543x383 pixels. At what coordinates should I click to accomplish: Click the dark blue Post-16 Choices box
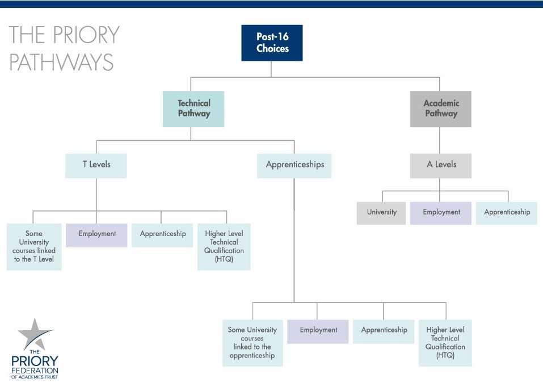[x=272, y=43]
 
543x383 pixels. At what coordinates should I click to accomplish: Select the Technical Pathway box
[x=193, y=109]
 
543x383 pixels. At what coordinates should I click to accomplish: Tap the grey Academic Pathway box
[x=440, y=109]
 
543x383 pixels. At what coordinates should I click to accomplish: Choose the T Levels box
[x=96, y=166]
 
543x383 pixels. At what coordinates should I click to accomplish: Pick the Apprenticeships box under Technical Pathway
[x=294, y=166]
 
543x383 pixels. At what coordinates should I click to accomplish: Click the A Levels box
[x=441, y=166]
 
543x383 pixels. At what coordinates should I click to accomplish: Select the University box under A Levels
[x=381, y=213]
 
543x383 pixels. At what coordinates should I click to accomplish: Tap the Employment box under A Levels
[x=441, y=213]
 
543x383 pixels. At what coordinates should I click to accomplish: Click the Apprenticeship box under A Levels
[x=507, y=213]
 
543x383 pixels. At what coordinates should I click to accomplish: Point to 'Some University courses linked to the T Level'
[x=34, y=247]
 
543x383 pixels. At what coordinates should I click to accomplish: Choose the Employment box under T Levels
[x=96, y=235]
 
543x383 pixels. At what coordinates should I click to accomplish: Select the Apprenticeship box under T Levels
[x=162, y=235]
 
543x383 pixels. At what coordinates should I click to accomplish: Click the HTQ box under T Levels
[x=224, y=247]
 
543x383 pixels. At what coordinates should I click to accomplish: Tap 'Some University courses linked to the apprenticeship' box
[x=253, y=343]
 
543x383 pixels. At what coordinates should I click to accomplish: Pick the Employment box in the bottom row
[x=318, y=332]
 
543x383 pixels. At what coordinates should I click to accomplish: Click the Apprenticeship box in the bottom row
[x=384, y=332]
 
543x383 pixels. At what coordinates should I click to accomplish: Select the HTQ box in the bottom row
[x=445, y=343]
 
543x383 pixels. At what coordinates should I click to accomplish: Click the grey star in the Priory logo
[x=35, y=334]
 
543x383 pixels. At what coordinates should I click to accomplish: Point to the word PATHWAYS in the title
[x=61, y=62]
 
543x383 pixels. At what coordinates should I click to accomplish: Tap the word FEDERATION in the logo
[x=35, y=371]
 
